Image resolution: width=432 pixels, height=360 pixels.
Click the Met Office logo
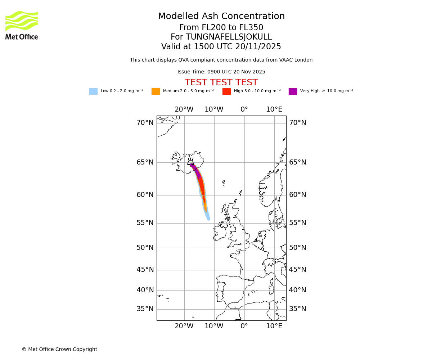point(22,25)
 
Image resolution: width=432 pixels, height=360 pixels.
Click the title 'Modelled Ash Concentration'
point(221,17)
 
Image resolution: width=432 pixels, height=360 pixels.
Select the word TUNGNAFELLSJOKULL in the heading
point(229,37)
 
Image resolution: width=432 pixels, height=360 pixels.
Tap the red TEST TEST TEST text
point(221,82)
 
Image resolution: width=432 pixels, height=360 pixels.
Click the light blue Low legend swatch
point(93,91)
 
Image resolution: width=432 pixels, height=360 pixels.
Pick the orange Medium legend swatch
point(156,91)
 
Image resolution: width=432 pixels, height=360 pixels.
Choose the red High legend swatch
point(226,91)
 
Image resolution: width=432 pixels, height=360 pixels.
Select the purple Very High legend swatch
point(293,91)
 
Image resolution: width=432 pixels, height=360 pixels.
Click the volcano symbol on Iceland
point(190,162)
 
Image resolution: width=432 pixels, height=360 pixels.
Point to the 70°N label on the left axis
point(145,123)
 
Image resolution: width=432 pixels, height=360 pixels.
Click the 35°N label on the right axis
point(298,309)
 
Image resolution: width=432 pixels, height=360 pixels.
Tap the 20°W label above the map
point(184,109)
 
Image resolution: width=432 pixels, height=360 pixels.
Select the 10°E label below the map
point(274,326)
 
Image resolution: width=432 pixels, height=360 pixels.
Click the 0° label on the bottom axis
point(244,326)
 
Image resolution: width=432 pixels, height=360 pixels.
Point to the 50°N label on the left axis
point(145,248)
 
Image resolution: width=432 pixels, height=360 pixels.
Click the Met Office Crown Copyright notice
point(59,349)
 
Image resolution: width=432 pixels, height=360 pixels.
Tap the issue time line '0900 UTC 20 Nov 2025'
point(221,72)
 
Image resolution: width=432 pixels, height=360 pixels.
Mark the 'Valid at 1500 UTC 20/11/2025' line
point(221,47)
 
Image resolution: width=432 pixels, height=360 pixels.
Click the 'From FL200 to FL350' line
point(221,28)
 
